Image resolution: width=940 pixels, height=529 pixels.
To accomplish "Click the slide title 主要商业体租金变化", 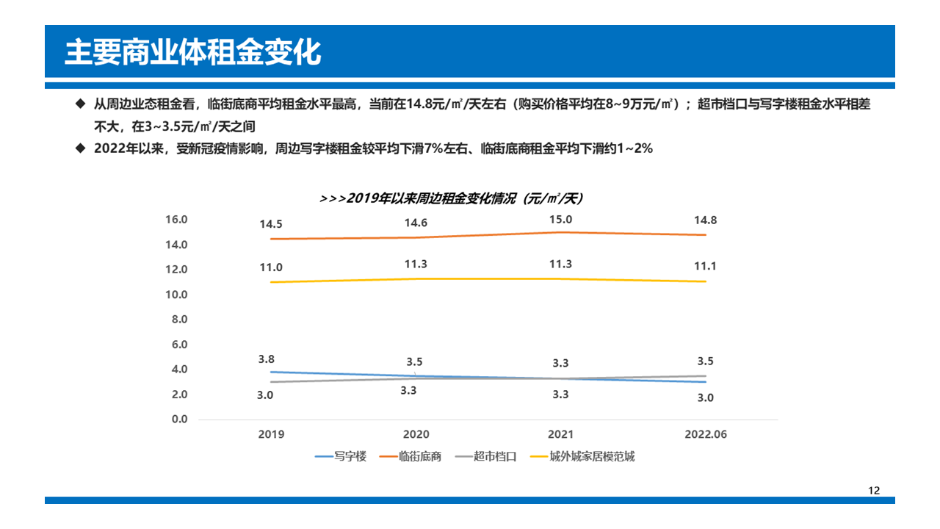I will click(192, 53).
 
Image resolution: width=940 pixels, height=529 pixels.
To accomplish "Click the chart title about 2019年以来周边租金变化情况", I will click(451, 198).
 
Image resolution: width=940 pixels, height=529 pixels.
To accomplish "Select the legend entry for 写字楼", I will click(341, 456).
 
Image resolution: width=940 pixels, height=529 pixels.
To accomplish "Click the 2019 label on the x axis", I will click(271, 434).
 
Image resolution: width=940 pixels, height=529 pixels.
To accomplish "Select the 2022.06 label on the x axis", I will click(706, 434).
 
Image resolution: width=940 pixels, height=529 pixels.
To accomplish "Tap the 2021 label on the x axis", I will click(561, 434).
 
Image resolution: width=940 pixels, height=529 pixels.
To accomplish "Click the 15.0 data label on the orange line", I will click(561, 220).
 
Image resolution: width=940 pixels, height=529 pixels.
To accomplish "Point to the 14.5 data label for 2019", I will click(271, 224).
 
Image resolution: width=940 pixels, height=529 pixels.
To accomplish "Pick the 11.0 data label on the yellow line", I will click(271, 268).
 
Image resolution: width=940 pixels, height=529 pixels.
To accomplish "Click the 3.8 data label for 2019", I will click(267, 359).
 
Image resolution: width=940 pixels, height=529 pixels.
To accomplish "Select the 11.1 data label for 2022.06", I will click(706, 267).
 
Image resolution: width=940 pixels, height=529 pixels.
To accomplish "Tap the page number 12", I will click(873, 491).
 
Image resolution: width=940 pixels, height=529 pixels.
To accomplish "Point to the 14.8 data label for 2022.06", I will click(706, 220).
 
